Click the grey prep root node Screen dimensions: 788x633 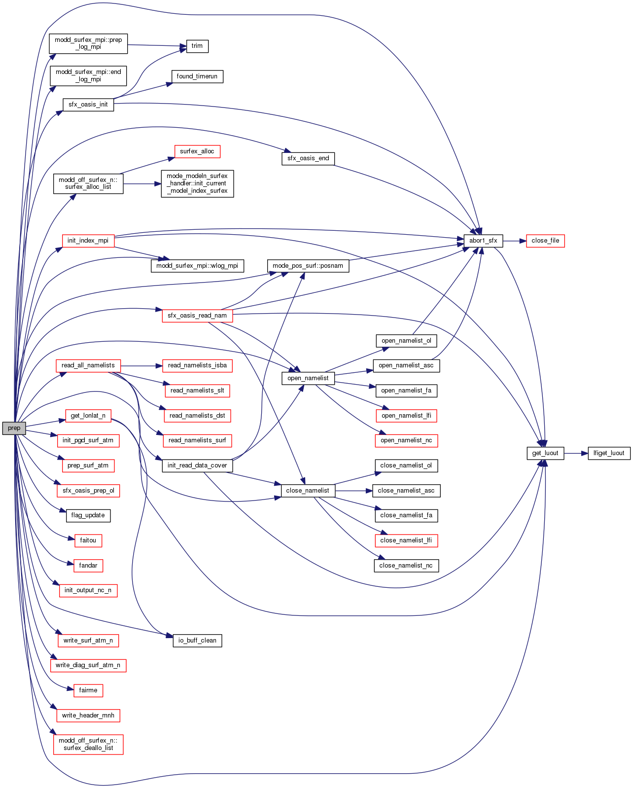(14, 428)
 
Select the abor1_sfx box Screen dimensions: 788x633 (483, 241)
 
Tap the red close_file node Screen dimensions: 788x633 (545, 241)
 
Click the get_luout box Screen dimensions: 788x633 (545, 453)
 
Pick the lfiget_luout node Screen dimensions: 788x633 (609, 453)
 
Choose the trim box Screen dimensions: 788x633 (197, 46)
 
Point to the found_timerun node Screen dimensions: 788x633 (197, 76)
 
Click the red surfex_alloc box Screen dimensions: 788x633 (197, 151)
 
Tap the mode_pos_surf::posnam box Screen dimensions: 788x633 (308, 266)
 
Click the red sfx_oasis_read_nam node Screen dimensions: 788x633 (197, 316)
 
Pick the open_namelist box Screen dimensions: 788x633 (308, 378)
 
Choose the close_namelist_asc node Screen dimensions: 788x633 (406, 491)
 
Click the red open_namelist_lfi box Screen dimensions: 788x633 (406, 416)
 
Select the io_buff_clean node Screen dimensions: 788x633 (197, 641)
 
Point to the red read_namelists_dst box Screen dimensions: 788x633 (197, 416)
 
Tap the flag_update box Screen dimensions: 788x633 (88, 515)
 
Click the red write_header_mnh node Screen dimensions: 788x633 (88, 716)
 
